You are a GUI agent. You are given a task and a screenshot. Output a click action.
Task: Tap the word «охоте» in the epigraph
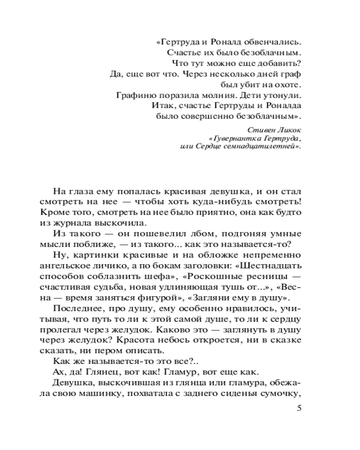point(286,84)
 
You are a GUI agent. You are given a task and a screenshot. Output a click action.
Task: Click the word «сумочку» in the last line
point(279,395)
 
